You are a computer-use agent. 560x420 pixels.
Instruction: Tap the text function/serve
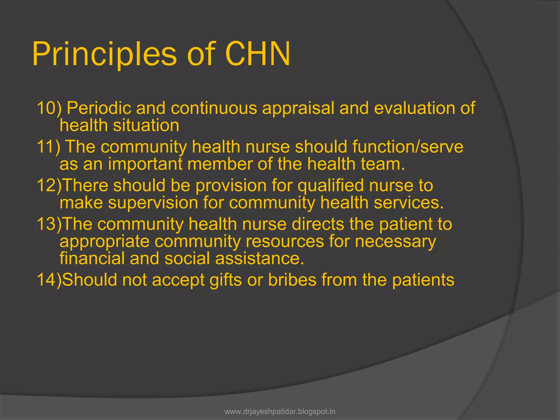(x=408, y=147)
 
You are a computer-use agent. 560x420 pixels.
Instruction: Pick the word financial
(x=92, y=258)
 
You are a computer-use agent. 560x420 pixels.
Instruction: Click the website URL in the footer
(x=280, y=412)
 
